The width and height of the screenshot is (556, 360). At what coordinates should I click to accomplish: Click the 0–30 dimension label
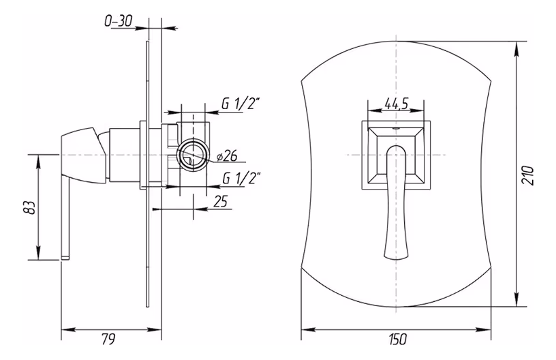coord(118,21)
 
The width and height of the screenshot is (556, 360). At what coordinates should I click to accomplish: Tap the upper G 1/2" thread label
coord(241,104)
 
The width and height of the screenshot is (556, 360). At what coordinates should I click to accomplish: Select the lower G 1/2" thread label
coord(241,178)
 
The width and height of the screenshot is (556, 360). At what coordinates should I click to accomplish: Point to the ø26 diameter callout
coord(227,156)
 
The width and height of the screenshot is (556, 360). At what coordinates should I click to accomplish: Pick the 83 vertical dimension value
coord(31,207)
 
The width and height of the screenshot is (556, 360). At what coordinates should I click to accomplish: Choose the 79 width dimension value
coord(109,340)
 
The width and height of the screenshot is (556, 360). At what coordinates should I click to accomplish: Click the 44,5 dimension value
coord(397,103)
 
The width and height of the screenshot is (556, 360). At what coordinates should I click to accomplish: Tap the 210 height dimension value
coord(528,175)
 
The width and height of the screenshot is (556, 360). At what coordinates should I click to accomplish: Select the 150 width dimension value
coord(397,340)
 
